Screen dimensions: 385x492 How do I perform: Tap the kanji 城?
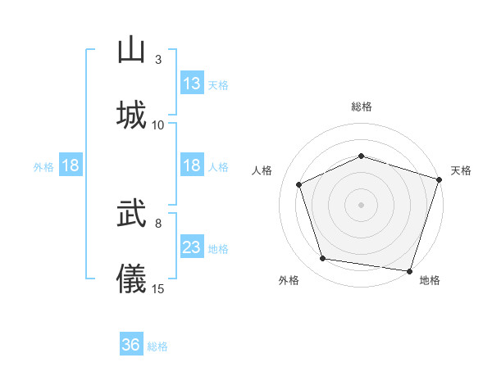(131, 114)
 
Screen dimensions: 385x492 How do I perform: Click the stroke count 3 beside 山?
(158, 60)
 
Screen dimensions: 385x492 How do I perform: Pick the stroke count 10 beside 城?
(158, 125)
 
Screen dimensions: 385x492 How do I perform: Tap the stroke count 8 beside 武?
(158, 223)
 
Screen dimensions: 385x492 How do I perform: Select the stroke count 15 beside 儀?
(158, 288)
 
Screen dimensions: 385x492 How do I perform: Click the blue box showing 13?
(192, 83)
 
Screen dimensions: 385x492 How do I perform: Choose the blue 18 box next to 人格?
(192, 165)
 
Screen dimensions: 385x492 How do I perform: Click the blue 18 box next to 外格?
(71, 165)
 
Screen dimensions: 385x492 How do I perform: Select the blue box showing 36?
(131, 345)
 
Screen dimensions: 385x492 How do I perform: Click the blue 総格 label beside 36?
(157, 346)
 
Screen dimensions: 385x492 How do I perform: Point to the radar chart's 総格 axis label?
(362, 106)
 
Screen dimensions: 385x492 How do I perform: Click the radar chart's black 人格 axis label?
(263, 170)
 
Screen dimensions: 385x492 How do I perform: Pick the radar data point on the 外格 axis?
(323, 259)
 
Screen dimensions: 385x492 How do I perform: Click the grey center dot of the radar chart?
(362, 204)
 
